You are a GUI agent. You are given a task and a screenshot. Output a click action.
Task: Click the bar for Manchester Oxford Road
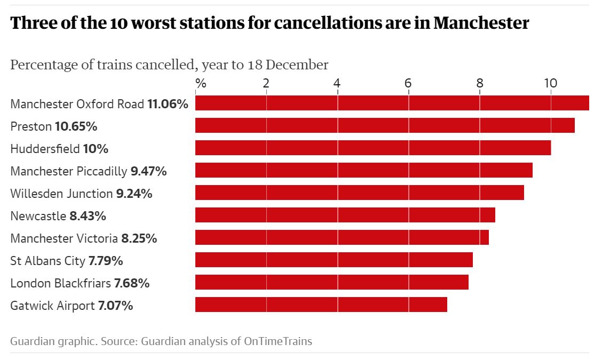pos(392,103)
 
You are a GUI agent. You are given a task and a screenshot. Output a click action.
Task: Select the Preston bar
pos(385,125)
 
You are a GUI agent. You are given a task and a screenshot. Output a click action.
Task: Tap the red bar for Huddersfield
pos(373,148)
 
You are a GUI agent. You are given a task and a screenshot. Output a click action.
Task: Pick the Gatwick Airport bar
pos(321,305)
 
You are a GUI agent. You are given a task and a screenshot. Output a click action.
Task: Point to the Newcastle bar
pos(345,215)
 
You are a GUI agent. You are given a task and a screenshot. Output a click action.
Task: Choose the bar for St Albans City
pos(334,260)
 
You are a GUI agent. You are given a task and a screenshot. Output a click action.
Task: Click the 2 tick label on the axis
pos(266,83)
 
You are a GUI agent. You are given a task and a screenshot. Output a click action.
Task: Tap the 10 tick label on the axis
pos(550,83)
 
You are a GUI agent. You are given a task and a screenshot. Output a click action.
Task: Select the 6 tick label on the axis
pos(408,83)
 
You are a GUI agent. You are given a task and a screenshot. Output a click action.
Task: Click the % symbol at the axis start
pos(201,83)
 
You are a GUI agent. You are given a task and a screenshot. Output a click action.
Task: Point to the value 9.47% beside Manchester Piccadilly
pos(149,171)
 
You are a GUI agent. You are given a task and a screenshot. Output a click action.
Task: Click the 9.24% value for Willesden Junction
pos(134,194)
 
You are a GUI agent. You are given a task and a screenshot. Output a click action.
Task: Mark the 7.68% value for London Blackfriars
pos(132,283)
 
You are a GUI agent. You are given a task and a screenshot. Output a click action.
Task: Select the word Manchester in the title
pos(481,23)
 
